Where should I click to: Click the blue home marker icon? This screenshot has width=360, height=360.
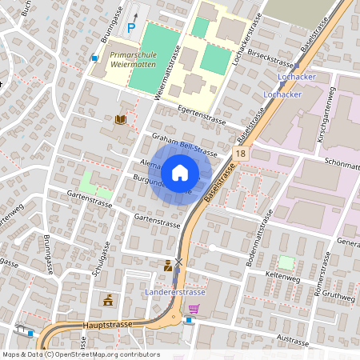180,172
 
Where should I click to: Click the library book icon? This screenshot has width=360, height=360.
121,120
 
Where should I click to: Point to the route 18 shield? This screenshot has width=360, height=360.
241,152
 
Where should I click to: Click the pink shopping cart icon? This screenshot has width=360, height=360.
193,307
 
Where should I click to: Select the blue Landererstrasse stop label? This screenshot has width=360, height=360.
175,292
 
